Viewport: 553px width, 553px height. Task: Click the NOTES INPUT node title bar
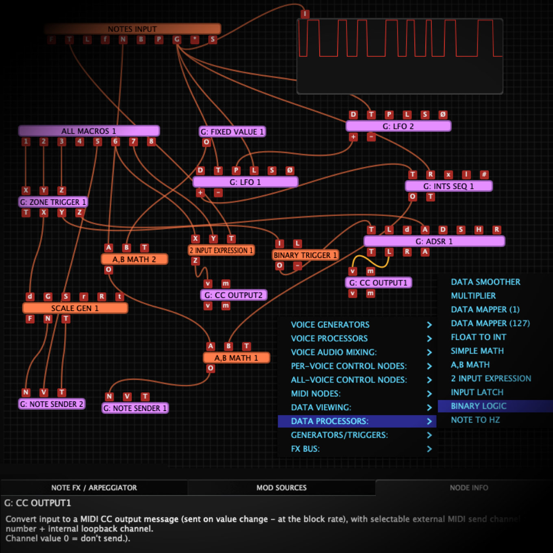click(132, 29)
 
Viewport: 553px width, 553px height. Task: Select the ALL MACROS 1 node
click(89, 131)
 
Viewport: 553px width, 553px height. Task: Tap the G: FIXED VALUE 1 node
click(232, 132)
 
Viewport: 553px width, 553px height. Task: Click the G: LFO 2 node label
click(398, 126)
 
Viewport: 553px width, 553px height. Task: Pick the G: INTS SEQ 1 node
click(448, 186)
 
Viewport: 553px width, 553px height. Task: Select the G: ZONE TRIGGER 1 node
click(53, 202)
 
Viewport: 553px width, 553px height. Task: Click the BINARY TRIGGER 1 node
click(305, 255)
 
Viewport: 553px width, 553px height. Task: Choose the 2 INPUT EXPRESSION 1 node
click(221, 250)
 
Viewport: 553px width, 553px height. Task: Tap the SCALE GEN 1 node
click(75, 308)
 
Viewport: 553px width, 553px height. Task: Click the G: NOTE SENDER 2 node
click(52, 404)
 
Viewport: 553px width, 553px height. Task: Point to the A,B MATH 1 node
click(236, 358)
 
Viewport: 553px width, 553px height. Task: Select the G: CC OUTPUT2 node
click(233, 295)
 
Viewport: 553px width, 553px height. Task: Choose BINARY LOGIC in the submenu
click(479, 406)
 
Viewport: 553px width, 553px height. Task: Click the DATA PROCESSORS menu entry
click(329, 421)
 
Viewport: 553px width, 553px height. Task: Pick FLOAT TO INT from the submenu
click(478, 337)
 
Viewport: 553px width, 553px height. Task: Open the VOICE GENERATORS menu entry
click(330, 324)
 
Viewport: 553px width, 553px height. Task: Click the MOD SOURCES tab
click(281, 488)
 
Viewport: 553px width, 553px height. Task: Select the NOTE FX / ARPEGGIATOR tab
click(94, 488)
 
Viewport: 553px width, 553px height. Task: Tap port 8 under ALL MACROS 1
click(151, 142)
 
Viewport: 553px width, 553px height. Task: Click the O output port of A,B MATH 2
click(109, 270)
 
